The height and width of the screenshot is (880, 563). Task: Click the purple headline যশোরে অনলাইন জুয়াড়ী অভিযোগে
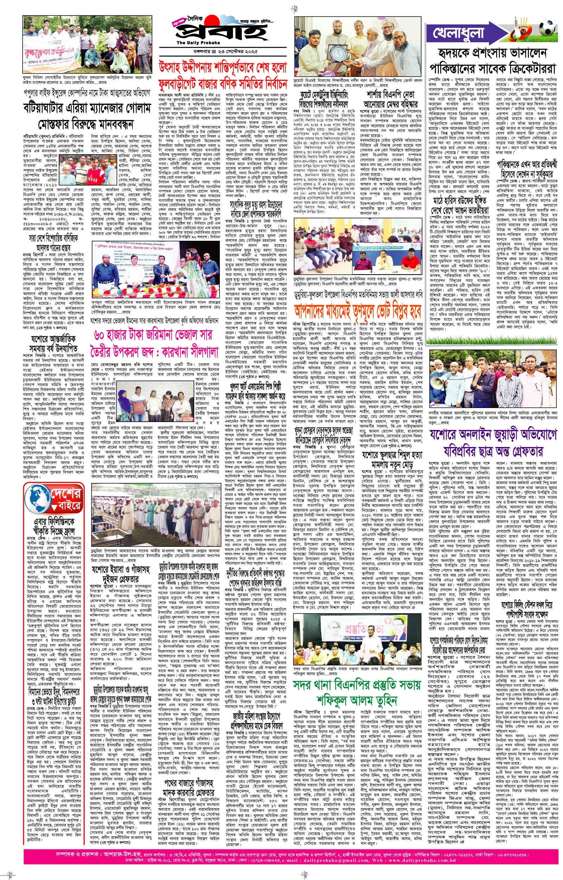(x=493, y=435)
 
